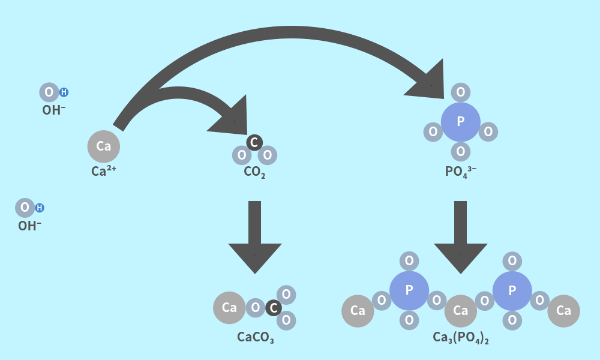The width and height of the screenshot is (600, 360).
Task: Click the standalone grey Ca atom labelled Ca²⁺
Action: pyautogui.click(x=104, y=146)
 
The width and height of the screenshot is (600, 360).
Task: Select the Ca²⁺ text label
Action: pyautogui.click(x=104, y=171)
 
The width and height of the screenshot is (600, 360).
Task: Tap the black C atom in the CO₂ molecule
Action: pyautogui.click(x=254, y=142)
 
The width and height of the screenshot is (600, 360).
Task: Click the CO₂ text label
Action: pyautogui.click(x=254, y=173)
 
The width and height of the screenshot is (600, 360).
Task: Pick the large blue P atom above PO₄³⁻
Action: pyautogui.click(x=460, y=122)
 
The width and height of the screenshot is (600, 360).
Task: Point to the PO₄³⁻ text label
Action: pyautogui.click(x=460, y=172)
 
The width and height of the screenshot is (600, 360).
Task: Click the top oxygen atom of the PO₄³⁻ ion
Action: pyautogui.click(x=460, y=92)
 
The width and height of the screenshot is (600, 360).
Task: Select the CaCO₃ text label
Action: pyautogui.click(x=255, y=337)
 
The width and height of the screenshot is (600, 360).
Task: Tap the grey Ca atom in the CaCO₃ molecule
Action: pyautogui.click(x=229, y=308)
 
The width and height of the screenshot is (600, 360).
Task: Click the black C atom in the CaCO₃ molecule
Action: pyautogui.click(x=274, y=308)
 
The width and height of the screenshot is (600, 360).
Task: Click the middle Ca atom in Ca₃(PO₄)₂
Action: pyautogui.click(x=460, y=311)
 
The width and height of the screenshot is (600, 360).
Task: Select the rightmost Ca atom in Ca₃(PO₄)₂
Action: pyautogui.click(x=563, y=311)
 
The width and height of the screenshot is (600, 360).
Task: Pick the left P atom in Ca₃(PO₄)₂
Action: pyautogui.click(x=409, y=290)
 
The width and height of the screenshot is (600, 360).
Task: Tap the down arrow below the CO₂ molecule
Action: pyautogui.click(x=255, y=240)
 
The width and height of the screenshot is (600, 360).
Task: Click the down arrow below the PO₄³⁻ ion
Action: pyautogui.click(x=460, y=240)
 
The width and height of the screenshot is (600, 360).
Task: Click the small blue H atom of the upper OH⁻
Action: pyautogui.click(x=64, y=92)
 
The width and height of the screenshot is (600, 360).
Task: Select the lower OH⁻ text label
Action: pyautogui.click(x=30, y=226)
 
